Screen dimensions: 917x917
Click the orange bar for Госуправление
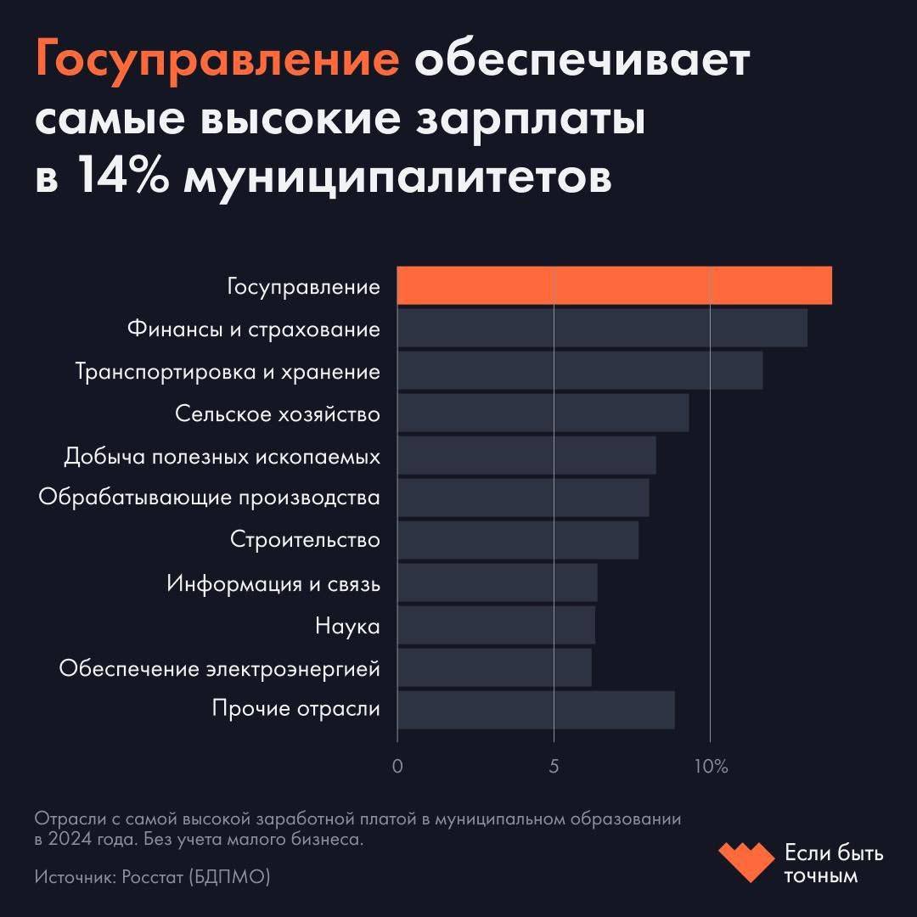tap(614, 285)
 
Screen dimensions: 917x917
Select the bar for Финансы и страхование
tap(602, 328)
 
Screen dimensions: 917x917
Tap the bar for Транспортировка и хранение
tap(580, 370)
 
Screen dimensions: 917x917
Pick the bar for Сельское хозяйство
tap(543, 413)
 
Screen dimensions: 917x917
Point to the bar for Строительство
tap(518, 540)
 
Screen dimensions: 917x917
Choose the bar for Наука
tap(496, 625)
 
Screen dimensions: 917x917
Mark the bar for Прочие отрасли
tap(536, 710)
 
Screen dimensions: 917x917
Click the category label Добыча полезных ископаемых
tap(222, 456)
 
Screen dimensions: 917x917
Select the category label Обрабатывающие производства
tap(209, 498)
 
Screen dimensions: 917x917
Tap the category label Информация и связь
tap(273, 583)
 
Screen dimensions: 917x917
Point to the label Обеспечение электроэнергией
tap(219, 668)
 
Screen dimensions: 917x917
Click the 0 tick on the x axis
tap(397, 766)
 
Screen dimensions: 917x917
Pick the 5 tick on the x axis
tap(554, 766)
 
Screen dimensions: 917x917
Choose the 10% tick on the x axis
tap(712, 766)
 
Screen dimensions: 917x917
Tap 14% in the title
tap(125, 177)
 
